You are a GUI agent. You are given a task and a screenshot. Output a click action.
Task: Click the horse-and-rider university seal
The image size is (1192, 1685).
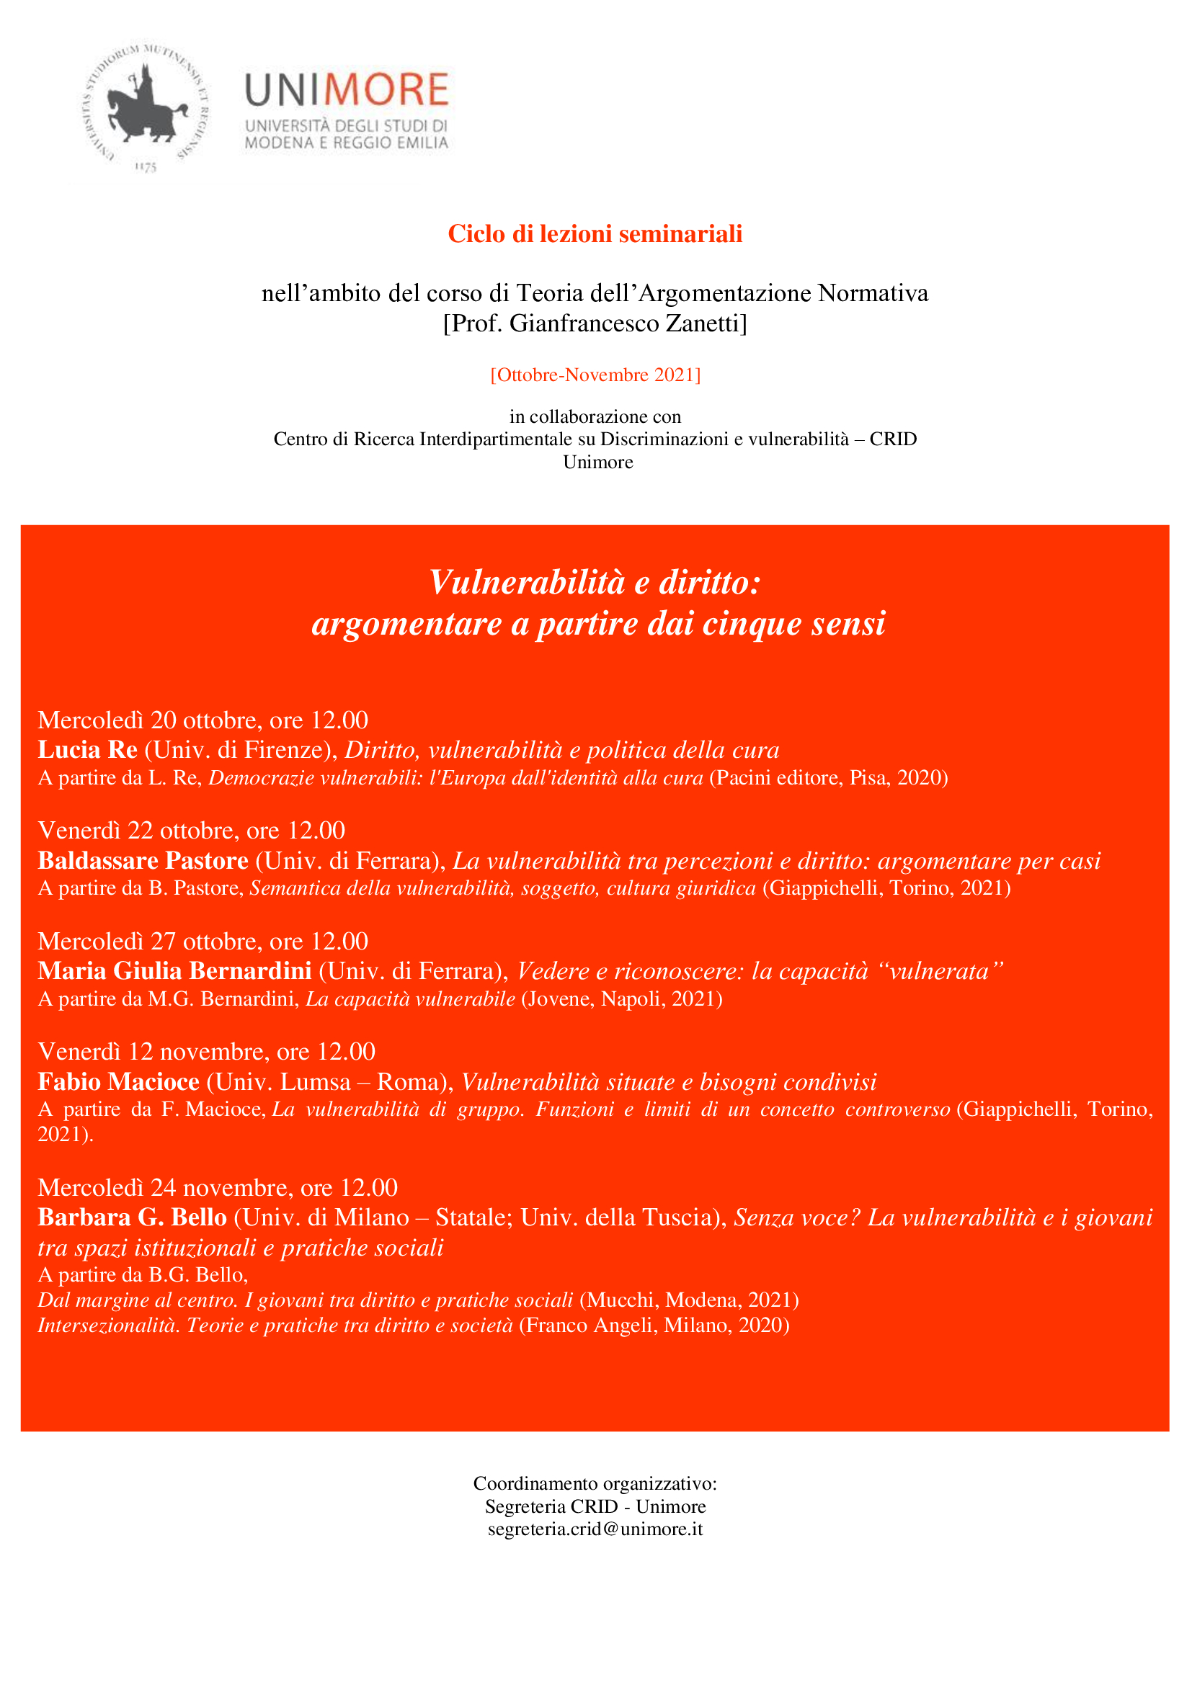pyautogui.click(x=146, y=104)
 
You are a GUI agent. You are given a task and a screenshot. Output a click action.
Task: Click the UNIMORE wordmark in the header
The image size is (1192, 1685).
pyautogui.click(x=347, y=89)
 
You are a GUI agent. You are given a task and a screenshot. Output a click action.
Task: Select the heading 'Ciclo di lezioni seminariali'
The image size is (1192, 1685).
pyautogui.click(x=595, y=234)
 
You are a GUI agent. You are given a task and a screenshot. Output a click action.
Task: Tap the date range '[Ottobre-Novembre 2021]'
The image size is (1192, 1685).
pyautogui.click(x=595, y=375)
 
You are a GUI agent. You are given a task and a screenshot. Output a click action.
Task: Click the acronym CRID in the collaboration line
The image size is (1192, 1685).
pyautogui.click(x=892, y=439)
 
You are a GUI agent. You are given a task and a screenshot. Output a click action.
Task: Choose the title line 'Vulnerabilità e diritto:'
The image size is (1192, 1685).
pyautogui.click(x=595, y=583)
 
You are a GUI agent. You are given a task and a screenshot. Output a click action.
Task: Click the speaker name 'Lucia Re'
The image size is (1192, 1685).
pyautogui.click(x=88, y=749)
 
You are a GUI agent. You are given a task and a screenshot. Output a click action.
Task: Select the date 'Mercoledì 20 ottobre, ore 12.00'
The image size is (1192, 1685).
pyautogui.click(x=203, y=720)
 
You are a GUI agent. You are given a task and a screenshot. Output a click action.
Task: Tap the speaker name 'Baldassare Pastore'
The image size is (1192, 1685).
pyautogui.click(x=143, y=860)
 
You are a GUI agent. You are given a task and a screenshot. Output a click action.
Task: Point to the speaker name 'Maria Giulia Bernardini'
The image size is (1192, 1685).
pyautogui.click(x=174, y=971)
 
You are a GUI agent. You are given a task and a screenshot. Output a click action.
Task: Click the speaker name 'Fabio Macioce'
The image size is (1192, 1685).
pyautogui.click(x=119, y=1082)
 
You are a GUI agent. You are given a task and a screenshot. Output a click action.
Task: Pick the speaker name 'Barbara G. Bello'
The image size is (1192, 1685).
pyautogui.click(x=132, y=1217)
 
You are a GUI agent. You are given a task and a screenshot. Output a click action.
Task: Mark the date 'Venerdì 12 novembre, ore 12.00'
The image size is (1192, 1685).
pyautogui.click(x=206, y=1052)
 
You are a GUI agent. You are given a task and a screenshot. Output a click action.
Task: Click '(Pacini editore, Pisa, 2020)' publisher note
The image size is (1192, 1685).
pyautogui.click(x=828, y=778)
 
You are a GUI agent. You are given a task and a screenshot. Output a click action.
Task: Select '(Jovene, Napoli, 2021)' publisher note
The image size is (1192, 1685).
pyautogui.click(x=622, y=998)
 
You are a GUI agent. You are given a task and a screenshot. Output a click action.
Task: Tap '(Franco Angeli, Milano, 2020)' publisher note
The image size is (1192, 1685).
pyautogui.click(x=654, y=1326)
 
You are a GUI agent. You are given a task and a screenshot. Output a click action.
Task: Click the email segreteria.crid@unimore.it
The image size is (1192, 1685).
pyautogui.click(x=595, y=1529)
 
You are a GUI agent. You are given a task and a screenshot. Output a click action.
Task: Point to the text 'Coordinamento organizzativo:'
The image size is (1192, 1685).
pyautogui.click(x=595, y=1483)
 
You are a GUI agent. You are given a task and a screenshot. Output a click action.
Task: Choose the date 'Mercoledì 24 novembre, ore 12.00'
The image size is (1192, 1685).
pyautogui.click(x=217, y=1187)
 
